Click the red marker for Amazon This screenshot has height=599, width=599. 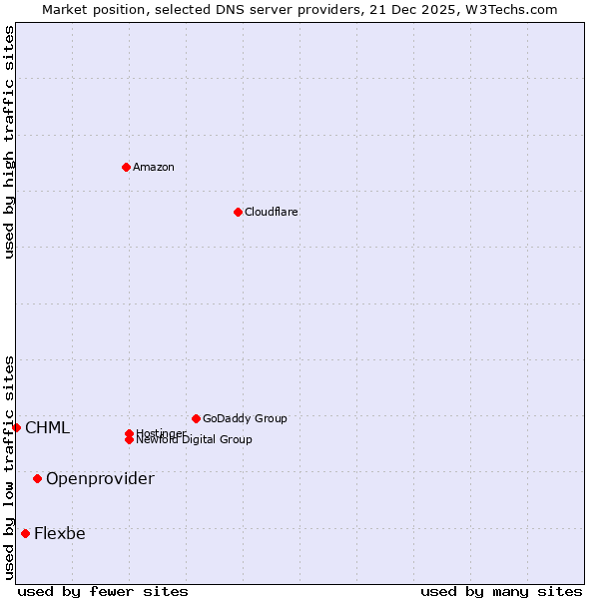tap(126, 167)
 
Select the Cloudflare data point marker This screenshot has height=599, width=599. tap(238, 212)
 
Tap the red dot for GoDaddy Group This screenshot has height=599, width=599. tap(196, 418)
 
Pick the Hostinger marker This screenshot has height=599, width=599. tap(129, 433)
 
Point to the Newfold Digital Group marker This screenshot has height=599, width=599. tap(129, 440)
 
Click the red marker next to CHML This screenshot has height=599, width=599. tap(16, 427)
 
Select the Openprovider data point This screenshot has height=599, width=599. tap(37, 478)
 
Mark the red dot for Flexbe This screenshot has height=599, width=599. tap(25, 533)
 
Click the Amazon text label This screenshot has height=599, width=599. tap(154, 167)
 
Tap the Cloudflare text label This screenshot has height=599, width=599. tap(272, 212)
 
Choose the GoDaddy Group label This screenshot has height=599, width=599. tap(245, 418)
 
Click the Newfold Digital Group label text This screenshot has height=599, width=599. tap(195, 440)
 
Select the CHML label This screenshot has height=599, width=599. tap(48, 428)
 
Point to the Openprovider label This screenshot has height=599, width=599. tap(100, 479)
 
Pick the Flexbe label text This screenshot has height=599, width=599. tap(60, 534)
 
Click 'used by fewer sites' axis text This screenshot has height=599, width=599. tap(103, 591)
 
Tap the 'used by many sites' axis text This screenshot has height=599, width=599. tap(501, 591)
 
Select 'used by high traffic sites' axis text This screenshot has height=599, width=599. tap(9, 142)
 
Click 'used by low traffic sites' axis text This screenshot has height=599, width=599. tap(9, 467)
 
